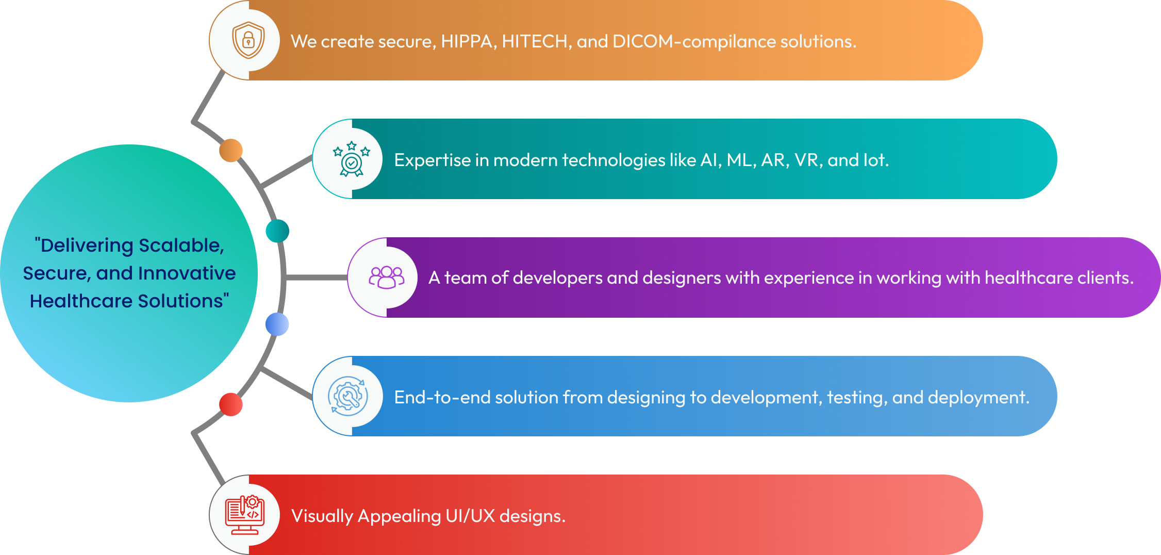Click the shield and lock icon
click(248, 40)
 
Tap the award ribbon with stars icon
click(352, 159)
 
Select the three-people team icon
click(387, 277)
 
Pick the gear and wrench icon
click(348, 396)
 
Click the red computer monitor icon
click(245, 515)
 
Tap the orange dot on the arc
click(231, 150)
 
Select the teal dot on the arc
click(277, 231)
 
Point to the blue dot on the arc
click(277, 324)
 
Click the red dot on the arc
click(231, 404)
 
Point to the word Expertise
click(432, 160)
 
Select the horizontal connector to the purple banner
click(316, 277)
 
